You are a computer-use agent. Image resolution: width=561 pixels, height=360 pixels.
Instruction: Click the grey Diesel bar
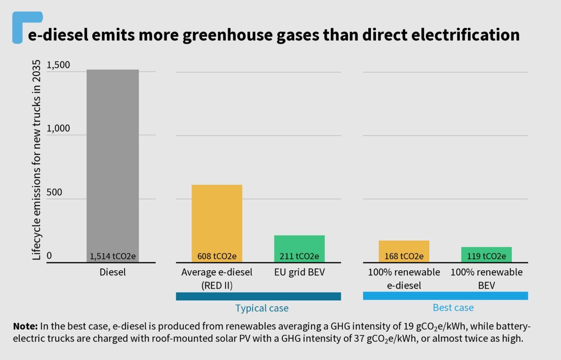(112, 162)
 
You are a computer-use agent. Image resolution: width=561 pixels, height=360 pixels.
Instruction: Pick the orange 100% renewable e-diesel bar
(404, 247)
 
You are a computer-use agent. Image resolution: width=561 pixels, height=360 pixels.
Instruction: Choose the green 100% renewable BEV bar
(486, 250)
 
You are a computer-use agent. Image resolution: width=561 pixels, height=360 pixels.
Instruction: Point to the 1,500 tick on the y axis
(58, 65)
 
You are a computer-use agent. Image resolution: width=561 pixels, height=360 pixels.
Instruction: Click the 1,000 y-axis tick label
(58, 128)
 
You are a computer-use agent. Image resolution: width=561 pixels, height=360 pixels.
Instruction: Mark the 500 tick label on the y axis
(54, 192)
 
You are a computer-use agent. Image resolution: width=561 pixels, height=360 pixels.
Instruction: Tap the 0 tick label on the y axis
(49, 256)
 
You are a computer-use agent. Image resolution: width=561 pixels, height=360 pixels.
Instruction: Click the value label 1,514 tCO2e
(112, 256)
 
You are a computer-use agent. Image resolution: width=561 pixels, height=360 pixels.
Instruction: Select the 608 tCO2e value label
(217, 256)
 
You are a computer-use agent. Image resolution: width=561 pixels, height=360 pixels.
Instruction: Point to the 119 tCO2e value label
(486, 256)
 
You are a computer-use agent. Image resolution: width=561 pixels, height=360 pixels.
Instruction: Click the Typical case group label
(262, 308)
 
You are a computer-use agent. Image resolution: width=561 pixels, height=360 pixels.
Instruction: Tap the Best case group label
(453, 307)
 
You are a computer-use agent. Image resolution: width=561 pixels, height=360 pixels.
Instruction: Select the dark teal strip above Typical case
(258, 296)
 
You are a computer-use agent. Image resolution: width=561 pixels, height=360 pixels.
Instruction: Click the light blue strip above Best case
(445, 296)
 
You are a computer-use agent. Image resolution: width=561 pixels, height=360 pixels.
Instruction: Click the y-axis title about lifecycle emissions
(36, 160)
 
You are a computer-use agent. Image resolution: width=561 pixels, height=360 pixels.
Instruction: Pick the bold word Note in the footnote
(25, 326)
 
